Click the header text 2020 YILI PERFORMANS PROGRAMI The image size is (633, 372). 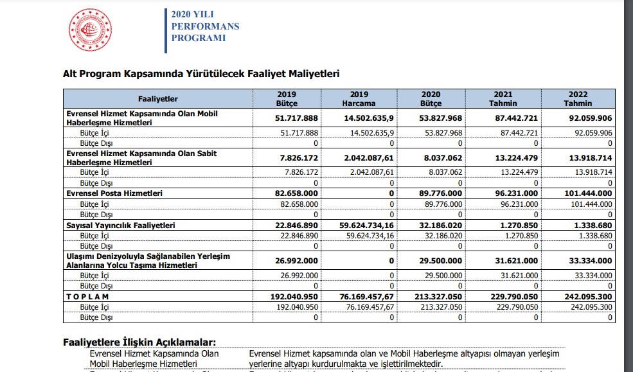(x=204, y=26)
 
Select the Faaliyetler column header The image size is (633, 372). (x=158, y=98)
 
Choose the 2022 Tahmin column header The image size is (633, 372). (x=578, y=98)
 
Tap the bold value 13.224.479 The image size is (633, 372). (x=515, y=158)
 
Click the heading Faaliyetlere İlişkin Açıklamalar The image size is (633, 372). (x=139, y=342)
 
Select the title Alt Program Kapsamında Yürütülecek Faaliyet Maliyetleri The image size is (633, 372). (x=201, y=75)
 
